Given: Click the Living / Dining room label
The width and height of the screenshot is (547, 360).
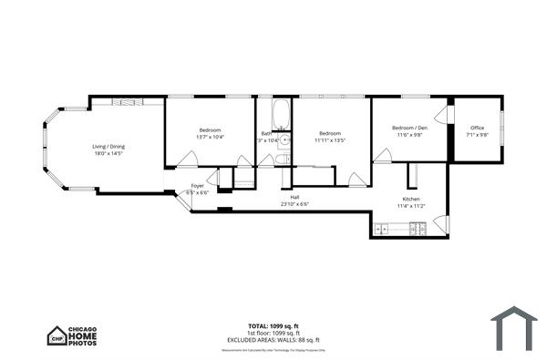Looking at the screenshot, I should click(x=108, y=147).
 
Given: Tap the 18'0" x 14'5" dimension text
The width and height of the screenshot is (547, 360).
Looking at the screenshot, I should click(x=108, y=154).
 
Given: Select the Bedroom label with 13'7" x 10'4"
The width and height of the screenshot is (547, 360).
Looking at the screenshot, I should click(x=211, y=130).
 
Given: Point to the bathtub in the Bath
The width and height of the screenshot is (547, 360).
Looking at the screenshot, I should click(x=281, y=116).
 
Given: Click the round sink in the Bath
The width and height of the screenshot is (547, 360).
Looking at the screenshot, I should click(x=284, y=140).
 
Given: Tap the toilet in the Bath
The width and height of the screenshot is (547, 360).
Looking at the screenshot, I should click(x=283, y=159).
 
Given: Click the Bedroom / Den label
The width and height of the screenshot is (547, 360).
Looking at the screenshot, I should click(x=409, y=128).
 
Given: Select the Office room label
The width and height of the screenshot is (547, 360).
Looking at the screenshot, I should click(x=477, y=128).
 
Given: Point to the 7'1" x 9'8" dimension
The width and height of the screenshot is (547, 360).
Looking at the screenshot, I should click(x=477, y=135).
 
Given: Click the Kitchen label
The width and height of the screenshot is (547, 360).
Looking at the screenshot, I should click(x=411, y=199).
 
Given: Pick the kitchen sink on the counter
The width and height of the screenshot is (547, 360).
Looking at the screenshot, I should click(x=382, y=229).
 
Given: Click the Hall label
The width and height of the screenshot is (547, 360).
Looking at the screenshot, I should click(x=294, y=197).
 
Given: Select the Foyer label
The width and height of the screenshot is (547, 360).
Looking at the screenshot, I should click(x=197, y=186).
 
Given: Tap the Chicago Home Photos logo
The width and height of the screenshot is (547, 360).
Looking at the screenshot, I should click(x=73, y=335).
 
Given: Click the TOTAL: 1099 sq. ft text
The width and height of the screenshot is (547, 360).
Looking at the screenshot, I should click(x=273, y=325).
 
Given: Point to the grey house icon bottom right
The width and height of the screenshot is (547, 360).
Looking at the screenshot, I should click(x=513, y=328).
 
